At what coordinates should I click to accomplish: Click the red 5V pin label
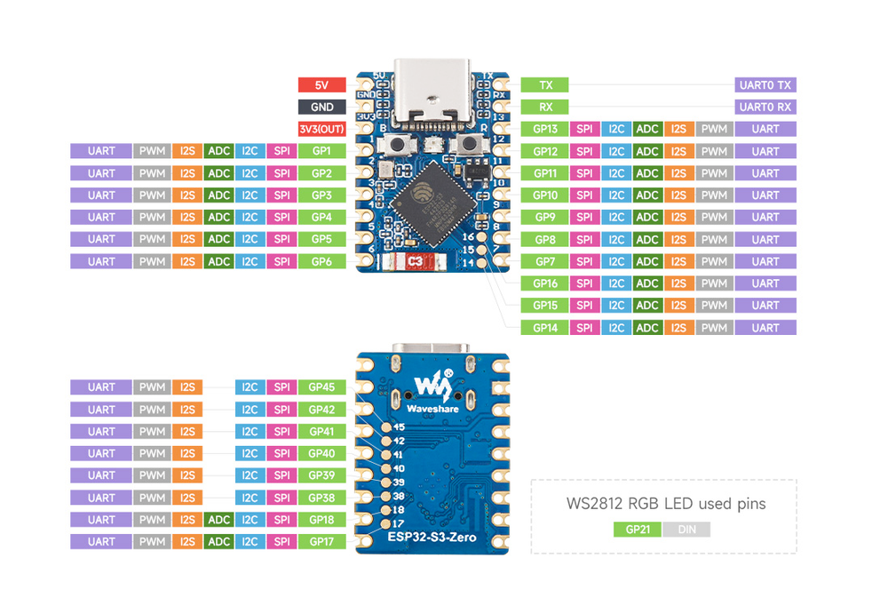point(321,85)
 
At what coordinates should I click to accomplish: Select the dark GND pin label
point(321,107)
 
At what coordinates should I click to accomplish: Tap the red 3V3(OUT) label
point(321,129)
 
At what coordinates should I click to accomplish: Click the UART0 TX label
point(765,85)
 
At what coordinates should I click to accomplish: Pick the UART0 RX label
point(765,107)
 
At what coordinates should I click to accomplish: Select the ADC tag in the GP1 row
point(218,151)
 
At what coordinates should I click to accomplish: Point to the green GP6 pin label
point(321,261)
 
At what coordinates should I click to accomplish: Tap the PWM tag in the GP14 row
point(713,328)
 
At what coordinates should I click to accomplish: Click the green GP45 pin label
point(321,387)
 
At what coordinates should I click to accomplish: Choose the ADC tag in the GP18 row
point(218,520)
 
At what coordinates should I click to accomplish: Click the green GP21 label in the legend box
point(637,530)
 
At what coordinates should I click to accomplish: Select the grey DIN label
point(686,530)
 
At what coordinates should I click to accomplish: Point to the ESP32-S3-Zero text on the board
point(432,538)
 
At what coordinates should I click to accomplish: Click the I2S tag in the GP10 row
point(679,195)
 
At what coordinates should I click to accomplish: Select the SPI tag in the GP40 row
point(281,453)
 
